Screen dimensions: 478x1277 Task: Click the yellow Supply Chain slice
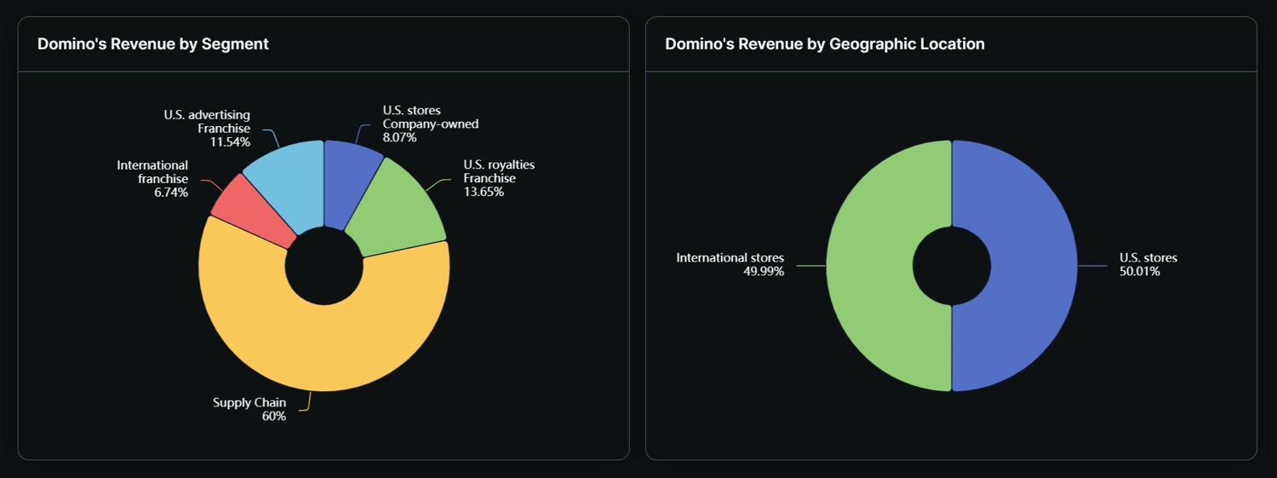(324, 341)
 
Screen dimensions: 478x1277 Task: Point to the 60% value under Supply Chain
(274, 417)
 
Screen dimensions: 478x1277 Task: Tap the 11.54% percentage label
(230, 141)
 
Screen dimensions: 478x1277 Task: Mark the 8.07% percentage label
(400, 137)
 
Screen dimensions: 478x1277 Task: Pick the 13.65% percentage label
(484, 192)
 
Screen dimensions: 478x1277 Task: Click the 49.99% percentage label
(764, 272)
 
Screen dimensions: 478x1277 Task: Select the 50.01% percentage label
(1140, 272)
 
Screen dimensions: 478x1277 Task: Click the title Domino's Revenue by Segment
(153, 44)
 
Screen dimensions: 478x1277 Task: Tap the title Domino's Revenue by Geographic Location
(824, 44)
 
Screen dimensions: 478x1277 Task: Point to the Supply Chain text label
(249, 403)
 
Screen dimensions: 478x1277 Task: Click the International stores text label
(730, 258)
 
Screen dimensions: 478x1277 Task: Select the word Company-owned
(431, 124)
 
